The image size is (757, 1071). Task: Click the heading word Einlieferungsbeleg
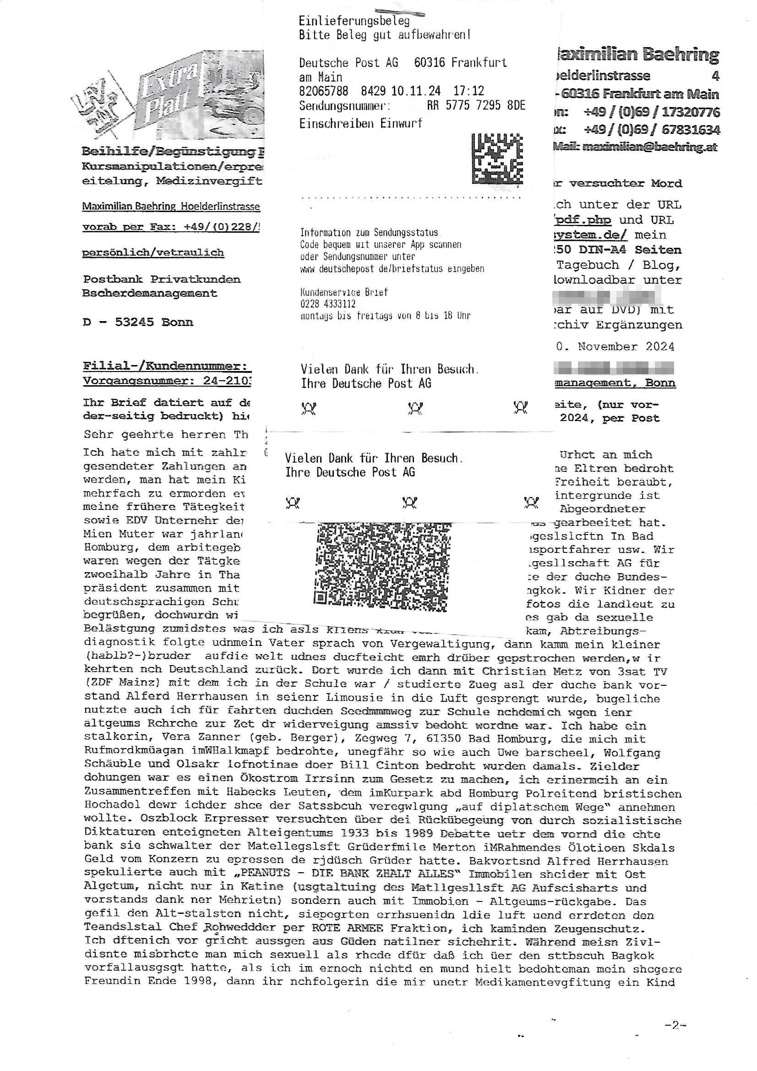[x=354, y=21]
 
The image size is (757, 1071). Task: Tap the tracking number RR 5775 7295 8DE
[x=476, y=105]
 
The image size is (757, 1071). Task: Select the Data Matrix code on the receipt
[x=497, y=158]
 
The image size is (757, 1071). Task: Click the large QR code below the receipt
[x=381, y=567]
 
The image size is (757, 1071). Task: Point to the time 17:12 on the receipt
[x=469, y=91]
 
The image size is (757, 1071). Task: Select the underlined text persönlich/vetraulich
[x=153, y=252]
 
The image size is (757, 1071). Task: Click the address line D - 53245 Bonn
[x=137, y=322]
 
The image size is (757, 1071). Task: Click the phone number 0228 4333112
[x=328, y=304]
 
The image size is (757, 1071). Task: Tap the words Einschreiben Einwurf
[x=360, y=123]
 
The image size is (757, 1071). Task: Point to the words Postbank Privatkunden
[x=162, y=279]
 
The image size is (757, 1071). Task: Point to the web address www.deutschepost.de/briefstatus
[x=392, y=269]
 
